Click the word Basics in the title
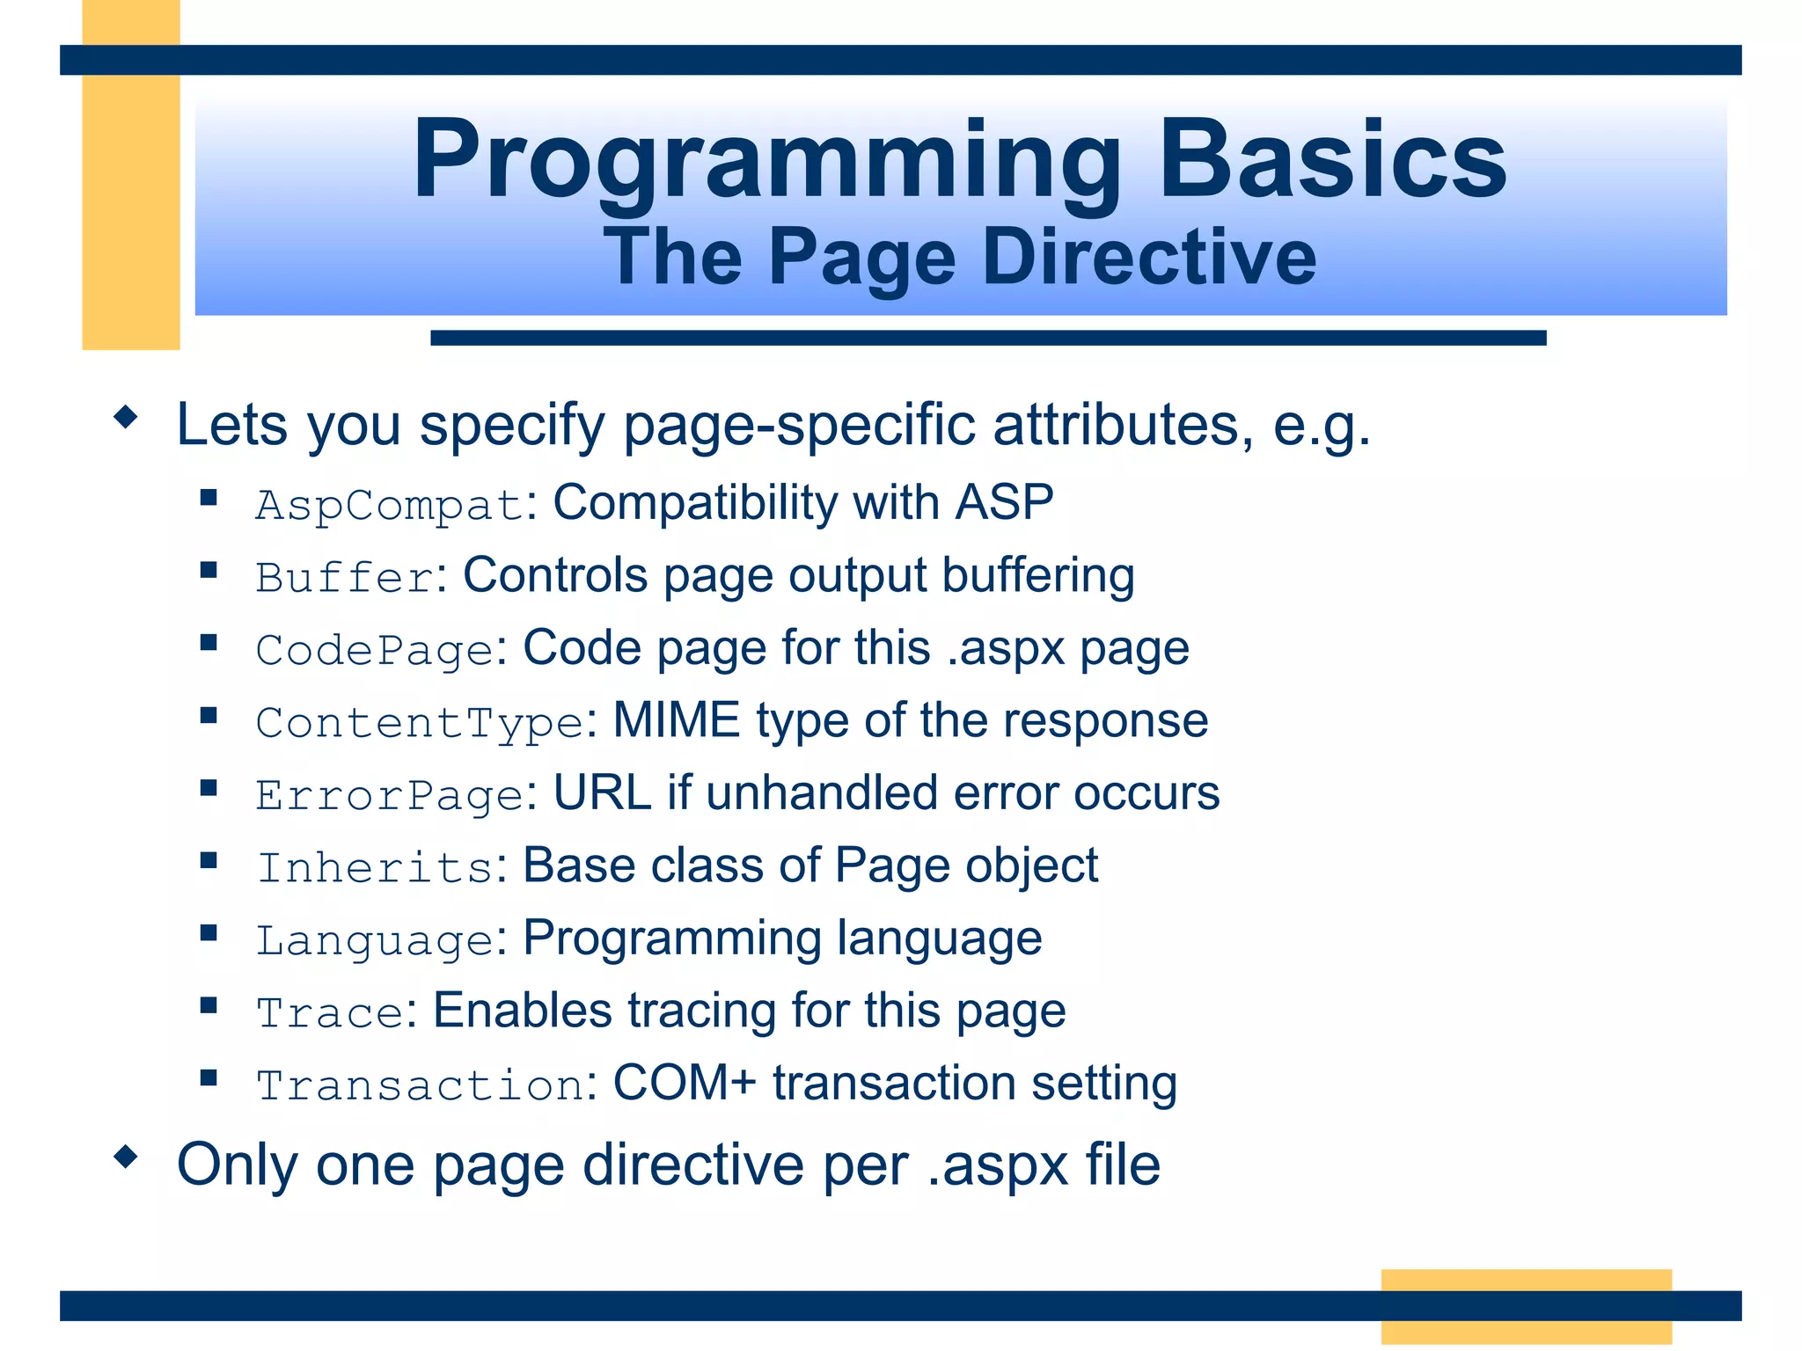tap(1332, 161)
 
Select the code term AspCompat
tap(390, 506)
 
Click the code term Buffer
tap(344, 578)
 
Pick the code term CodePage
tap(375, 651)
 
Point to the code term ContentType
tap(420, 723)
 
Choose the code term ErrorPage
tap(390, 796)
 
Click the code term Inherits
tap(375, 868)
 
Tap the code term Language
tap(375, 941)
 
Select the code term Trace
tap(330, 1013)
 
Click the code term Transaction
tap(420, 1085)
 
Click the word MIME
tap(676, 720)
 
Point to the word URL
tap(602, 793)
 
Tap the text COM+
tap(684, 1083)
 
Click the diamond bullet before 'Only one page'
tap(127, 1157)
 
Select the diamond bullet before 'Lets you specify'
tap(127, 417)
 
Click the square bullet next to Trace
tap(209, 1005)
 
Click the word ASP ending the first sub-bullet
tap(1004, 503)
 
